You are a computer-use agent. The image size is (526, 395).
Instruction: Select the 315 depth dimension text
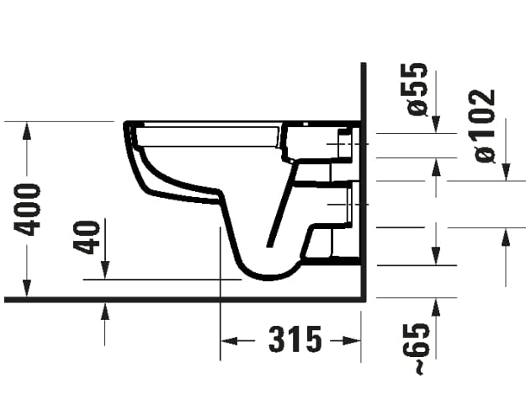(295, 340)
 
